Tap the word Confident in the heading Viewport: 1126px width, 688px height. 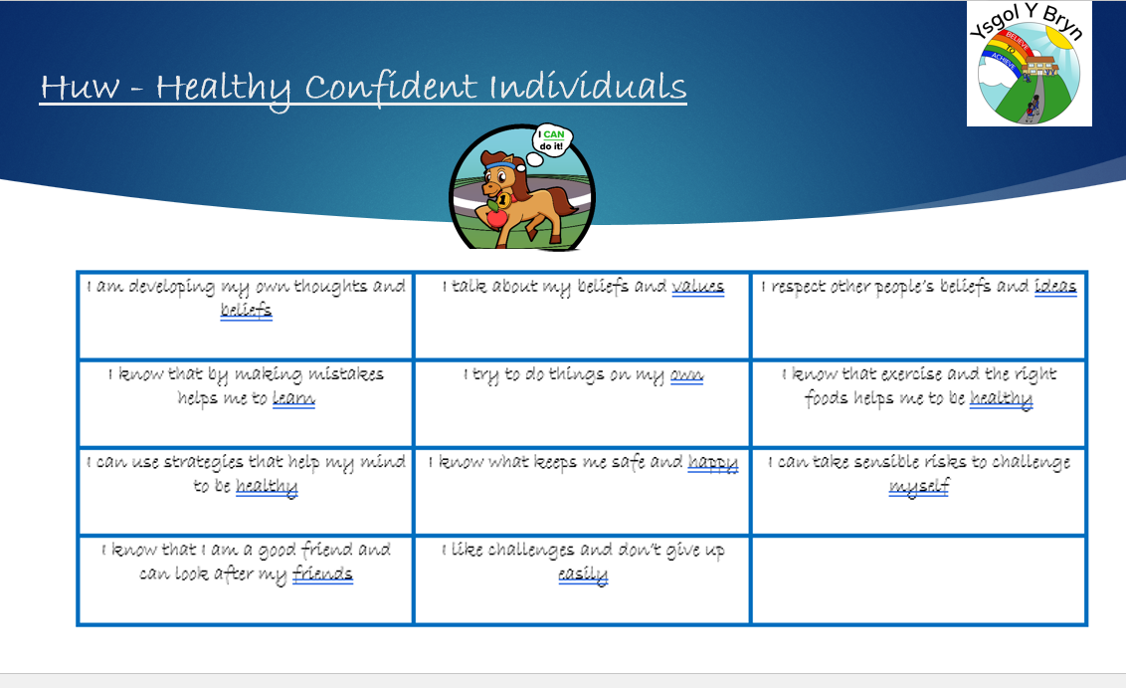point(391,87)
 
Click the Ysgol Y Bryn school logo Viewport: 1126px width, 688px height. point(1030,64)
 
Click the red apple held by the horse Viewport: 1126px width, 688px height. point(496,216)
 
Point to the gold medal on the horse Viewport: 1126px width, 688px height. point(504,200)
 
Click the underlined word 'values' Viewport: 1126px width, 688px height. point(698,287)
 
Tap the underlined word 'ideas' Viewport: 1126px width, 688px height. point(1055,286)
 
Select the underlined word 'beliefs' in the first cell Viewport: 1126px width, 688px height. point(247,310)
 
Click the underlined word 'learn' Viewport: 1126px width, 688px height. point(293,398)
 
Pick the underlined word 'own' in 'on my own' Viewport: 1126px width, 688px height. point(686,375)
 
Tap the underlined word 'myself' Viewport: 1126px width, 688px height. point(918,487)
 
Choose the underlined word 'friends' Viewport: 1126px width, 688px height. point(322,574)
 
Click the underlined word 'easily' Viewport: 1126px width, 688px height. point(583,575)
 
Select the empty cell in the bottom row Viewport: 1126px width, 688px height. point(918,580)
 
